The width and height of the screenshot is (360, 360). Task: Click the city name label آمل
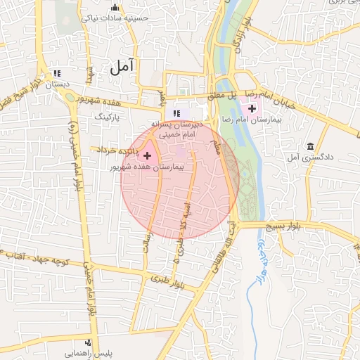click(121, 67)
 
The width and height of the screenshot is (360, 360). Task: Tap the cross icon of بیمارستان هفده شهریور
click(147, 155)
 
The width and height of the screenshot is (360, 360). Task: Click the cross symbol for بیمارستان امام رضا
click(252, 108)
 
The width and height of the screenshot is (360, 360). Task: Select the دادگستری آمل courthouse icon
click(310, 146)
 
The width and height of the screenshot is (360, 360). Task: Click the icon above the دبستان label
click(57, 73)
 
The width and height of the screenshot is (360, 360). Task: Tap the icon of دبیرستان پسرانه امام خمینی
click(177, 113)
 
